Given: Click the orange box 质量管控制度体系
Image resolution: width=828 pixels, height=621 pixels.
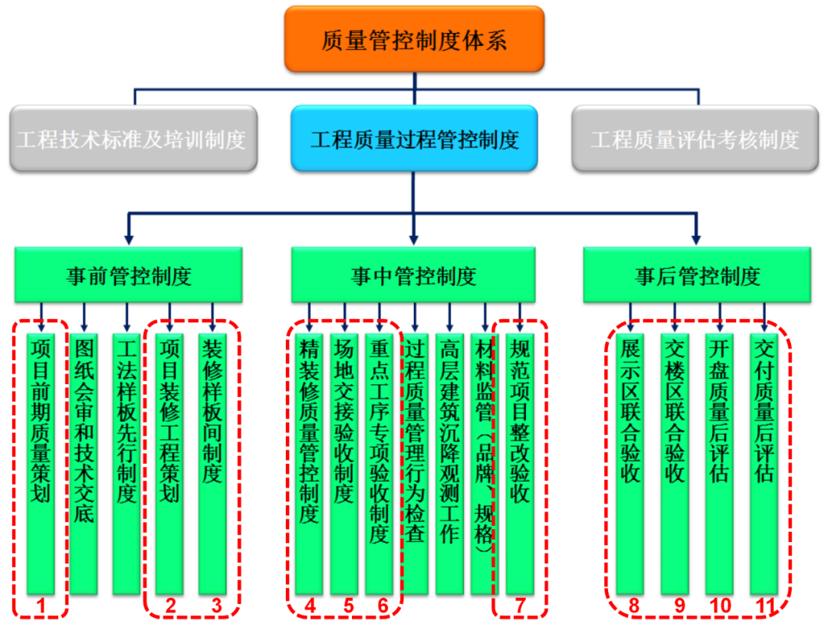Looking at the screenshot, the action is (x=415, y=39).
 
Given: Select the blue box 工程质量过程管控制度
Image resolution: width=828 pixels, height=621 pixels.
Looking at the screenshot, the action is (x=415, y=138).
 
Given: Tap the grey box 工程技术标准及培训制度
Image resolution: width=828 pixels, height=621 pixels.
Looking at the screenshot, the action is (x=133, y=138).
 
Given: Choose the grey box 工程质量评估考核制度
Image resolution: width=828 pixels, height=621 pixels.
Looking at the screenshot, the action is (x=695, y=138).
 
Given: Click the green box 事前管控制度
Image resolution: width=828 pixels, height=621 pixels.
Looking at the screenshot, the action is (x=128, y=275).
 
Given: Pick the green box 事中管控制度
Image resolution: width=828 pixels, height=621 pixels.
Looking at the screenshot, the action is (x=413, y=275).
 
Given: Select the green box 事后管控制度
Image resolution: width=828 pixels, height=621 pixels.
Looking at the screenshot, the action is (x=697, y=275).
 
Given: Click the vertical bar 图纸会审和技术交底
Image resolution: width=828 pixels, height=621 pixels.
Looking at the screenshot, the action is (x=84, y=464).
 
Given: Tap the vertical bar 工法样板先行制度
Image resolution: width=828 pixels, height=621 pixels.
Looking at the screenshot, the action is (x=127, y=464).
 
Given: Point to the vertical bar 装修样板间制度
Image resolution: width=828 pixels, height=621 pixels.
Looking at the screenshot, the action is (x=212, y=464).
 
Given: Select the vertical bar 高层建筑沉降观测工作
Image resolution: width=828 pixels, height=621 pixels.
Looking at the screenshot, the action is (x=449, y=464).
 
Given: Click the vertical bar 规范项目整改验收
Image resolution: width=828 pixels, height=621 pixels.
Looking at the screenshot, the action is (x=520, y=464).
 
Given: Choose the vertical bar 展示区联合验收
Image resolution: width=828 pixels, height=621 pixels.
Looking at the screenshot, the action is (x=630, y=464).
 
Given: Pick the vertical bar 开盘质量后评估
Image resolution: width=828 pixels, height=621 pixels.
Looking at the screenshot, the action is (x=719, y=464).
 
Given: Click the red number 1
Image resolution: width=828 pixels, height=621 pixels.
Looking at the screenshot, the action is (x=41, y=606).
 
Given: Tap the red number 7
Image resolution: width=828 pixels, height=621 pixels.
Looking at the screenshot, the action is (x=521, y=606).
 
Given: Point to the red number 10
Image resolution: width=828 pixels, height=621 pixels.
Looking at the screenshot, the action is (x=720, y=606).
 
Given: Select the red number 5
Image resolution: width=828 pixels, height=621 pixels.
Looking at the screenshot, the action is (x=349, y=606).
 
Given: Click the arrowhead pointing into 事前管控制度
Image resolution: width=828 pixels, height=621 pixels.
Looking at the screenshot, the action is (x=128, y=240).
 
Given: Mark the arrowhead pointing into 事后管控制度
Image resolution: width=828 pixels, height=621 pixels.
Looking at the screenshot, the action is (x=696, y=240).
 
